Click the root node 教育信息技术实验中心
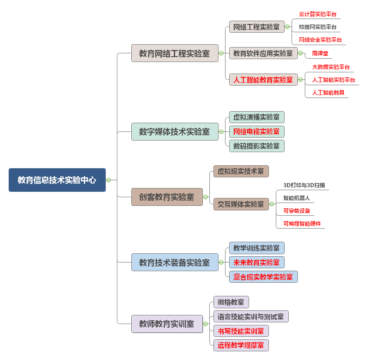(57, 180)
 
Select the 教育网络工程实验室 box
(174, 53)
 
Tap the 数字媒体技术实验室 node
(174, 131)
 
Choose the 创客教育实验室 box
(167, 197)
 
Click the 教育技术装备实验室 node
(174, 262)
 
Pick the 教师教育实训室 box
(167, 324)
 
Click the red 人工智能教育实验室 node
(263, 79)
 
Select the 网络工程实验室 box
(256, 27)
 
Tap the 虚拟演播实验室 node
(256, 117)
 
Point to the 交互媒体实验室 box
(241, 204)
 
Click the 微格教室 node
(231, 302)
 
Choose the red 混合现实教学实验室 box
(263, 277)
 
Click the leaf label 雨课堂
(320, 53)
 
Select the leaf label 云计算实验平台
(318, 14)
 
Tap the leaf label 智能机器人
(297, 198)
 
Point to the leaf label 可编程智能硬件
(302, 224)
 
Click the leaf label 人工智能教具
(328, 93)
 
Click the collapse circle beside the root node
(108, 180)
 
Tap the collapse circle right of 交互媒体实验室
(271, 204)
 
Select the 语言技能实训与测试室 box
(251, 317)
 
